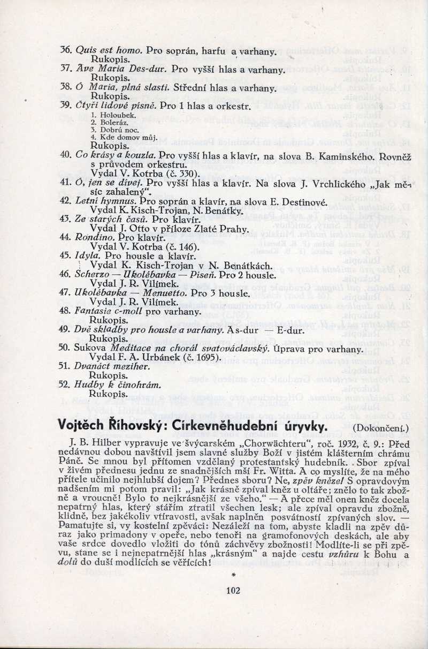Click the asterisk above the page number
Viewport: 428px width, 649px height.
pos(234,575)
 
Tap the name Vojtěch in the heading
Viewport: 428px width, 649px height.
pos(85,426)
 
